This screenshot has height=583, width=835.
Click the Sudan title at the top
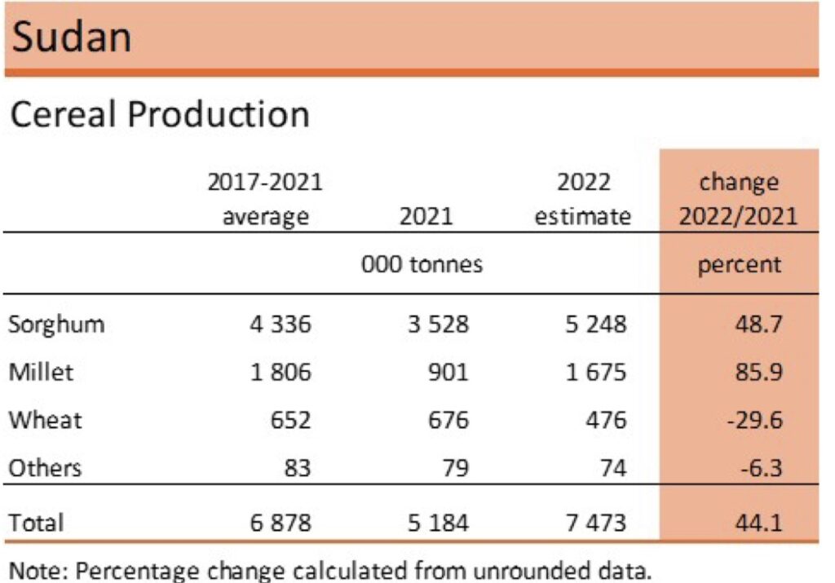click(72, 37)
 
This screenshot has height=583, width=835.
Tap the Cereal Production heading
click(159, 114)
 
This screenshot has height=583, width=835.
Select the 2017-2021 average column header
click(265, 199)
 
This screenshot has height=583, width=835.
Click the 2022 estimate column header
click(582, 199)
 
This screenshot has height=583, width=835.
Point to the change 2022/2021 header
click(739, 199)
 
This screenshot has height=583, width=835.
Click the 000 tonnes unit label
click(423, 264)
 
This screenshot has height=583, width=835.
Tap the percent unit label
click(739, 264)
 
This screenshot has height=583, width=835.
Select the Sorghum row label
click(56, 325)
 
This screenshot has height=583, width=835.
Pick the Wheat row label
click(45, 420)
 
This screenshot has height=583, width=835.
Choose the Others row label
click(45, 468)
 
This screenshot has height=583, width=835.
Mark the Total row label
click(36, 522)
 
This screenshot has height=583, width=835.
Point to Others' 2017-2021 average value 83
click(294, 468)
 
